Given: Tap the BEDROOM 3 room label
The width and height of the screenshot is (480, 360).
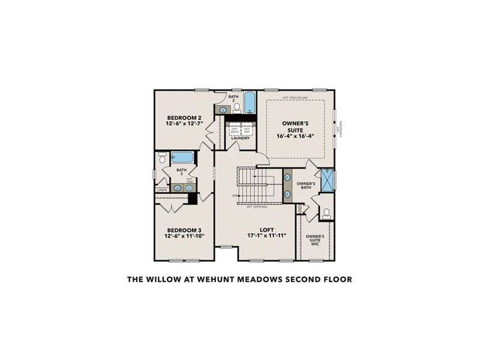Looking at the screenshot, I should tap(184, 230).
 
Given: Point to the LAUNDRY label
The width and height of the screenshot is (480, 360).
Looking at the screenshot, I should tap(240, 139).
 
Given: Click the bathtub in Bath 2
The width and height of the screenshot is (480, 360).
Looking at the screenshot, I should tap(250, 103).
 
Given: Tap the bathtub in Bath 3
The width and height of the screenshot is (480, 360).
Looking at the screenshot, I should tap(182, 158).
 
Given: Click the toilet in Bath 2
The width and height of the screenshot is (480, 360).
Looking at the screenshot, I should tap(236, 108).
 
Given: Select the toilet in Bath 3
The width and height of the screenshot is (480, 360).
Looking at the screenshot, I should tap(162, 158).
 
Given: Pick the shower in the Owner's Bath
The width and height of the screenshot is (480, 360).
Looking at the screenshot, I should tap(327, 179).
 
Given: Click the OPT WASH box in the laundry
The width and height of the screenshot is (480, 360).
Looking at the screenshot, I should tap(235, 130).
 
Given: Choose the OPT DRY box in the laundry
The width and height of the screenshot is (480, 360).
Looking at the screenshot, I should tap(246, 130).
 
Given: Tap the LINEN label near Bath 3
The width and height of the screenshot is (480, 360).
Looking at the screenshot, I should tap(161, 190).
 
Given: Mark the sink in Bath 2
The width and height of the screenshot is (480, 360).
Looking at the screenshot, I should tap(223, 110).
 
